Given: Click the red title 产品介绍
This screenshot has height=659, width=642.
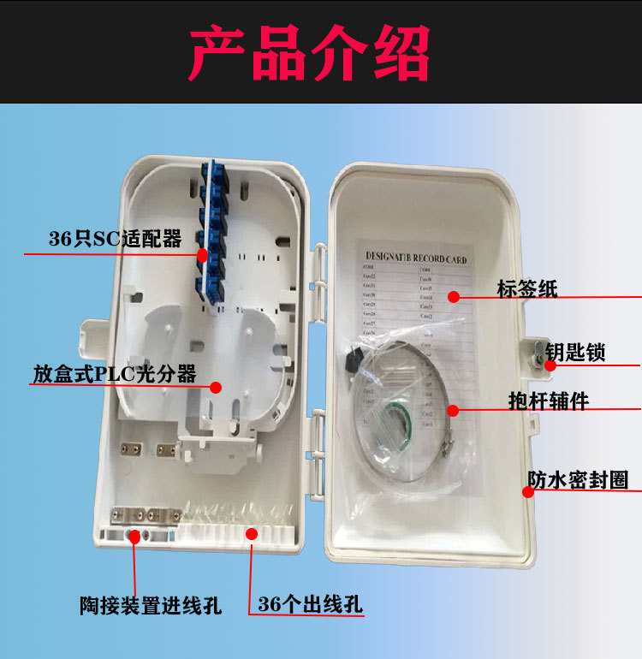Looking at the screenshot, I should pyautogui.click(x=309, y=53).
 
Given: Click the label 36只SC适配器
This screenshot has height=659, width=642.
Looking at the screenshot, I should pyautogui.click(x=115, y=240).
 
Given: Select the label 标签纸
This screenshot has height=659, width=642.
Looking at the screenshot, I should pyautogui.click(x=527, y=288).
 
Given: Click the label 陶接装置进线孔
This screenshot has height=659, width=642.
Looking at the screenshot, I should pyautogui.click(x=150, y=607).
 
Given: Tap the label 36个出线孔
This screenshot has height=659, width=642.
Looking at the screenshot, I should pyautogui.click(x=310, y=604).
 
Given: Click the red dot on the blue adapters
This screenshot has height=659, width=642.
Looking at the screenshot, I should pyautogui.click(x=202, y=255).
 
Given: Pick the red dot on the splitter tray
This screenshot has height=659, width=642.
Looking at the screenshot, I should pyautogui.click(x=217, y=387).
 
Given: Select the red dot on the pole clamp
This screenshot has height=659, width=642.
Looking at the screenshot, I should pyautogui.click(x=453, y=410).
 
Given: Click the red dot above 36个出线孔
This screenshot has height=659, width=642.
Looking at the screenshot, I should pyautogui.click(x=252, y=533).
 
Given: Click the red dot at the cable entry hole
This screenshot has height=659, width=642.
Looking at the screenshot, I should pyautogui.click(x=134, y=536).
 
